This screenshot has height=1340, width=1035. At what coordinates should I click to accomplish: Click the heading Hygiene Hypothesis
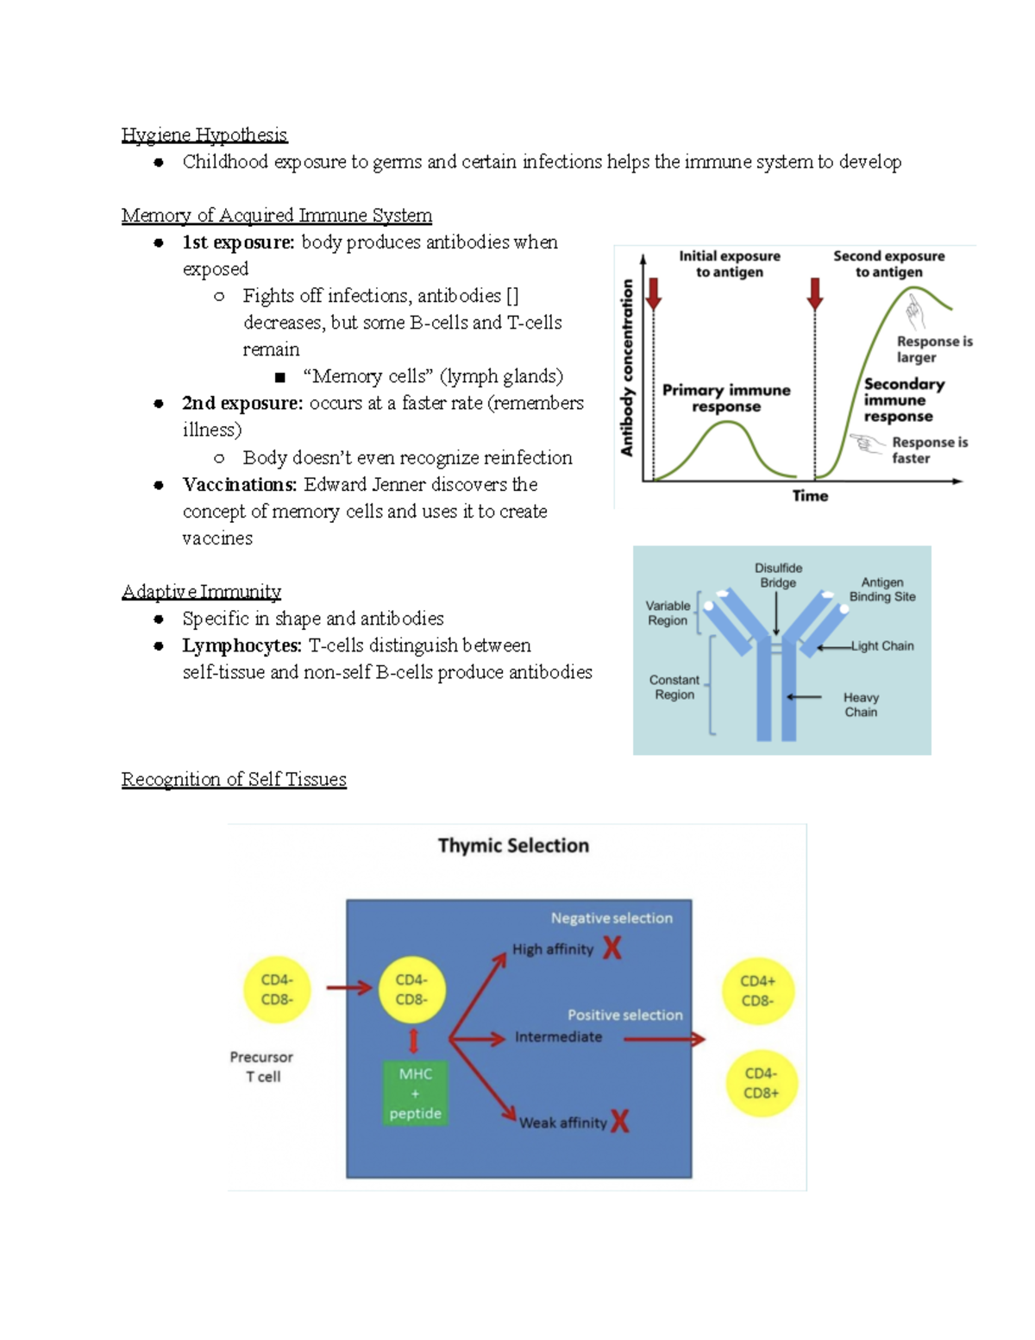[204, 135]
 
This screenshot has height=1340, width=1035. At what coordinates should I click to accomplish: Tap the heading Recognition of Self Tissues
[234, 779]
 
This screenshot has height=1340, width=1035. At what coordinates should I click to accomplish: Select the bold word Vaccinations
[239, 484]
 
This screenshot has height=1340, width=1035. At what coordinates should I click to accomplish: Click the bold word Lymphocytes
[241, 645]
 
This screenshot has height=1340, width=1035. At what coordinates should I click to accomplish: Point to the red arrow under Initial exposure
[654, 293]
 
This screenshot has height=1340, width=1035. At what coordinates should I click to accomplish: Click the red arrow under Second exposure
[815, 293]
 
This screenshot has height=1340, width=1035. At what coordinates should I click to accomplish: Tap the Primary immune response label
[726, 398]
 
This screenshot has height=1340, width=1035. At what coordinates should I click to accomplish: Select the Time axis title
[810, 495]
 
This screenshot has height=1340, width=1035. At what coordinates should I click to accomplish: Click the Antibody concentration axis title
[627, 368]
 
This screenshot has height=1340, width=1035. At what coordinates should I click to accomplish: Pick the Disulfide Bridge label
[778, 576]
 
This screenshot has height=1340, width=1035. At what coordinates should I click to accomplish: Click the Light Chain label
[882, 645]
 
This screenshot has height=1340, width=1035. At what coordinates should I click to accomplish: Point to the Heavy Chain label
[861, 704]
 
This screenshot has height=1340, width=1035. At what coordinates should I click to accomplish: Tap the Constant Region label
[674, 687]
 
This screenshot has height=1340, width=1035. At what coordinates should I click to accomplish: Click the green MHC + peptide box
[415, 1093]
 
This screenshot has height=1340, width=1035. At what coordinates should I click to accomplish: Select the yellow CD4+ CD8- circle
[757, 991]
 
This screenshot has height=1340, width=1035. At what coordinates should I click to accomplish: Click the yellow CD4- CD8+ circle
[761, 1083]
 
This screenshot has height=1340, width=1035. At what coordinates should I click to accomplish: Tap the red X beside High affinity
[612, 948]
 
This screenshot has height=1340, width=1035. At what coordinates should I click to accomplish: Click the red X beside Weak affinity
[619, 1121]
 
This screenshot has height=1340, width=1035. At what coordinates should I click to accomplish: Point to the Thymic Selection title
[513, 846]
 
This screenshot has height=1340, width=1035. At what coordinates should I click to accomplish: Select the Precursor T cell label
[262, 1066]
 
